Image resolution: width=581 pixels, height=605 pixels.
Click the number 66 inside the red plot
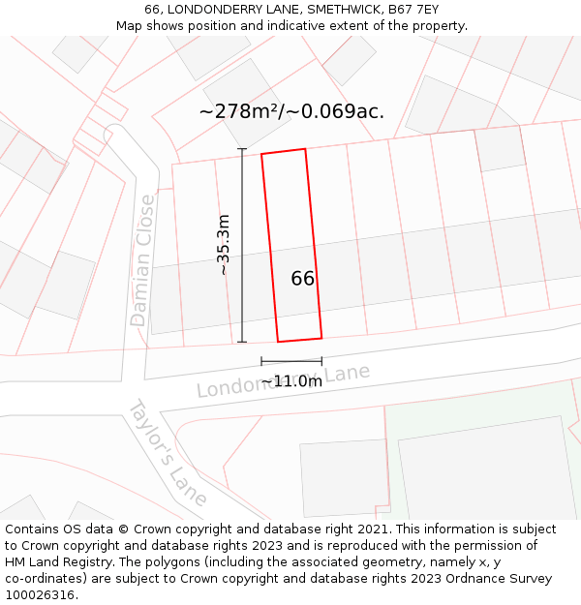coord(302,279)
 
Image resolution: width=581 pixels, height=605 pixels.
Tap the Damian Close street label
coord(142,260)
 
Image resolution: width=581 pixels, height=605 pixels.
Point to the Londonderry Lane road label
coord(283,380)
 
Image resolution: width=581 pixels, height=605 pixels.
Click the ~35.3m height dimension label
coord(224,245)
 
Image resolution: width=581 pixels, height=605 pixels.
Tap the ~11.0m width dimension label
coord(291,381)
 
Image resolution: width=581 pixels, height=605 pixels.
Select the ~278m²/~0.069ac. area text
coord(291,111)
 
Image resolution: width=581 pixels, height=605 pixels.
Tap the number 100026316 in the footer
coord(42,595)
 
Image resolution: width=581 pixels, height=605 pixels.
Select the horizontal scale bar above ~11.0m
coord(291,362)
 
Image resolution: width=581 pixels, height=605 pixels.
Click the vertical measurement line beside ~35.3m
coord(242,245)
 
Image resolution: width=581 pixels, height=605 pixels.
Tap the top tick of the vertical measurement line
coord(242,148)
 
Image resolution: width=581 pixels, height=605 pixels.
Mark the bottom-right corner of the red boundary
coord(321,338)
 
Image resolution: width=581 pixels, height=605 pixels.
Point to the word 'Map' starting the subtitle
coord(130,26)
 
